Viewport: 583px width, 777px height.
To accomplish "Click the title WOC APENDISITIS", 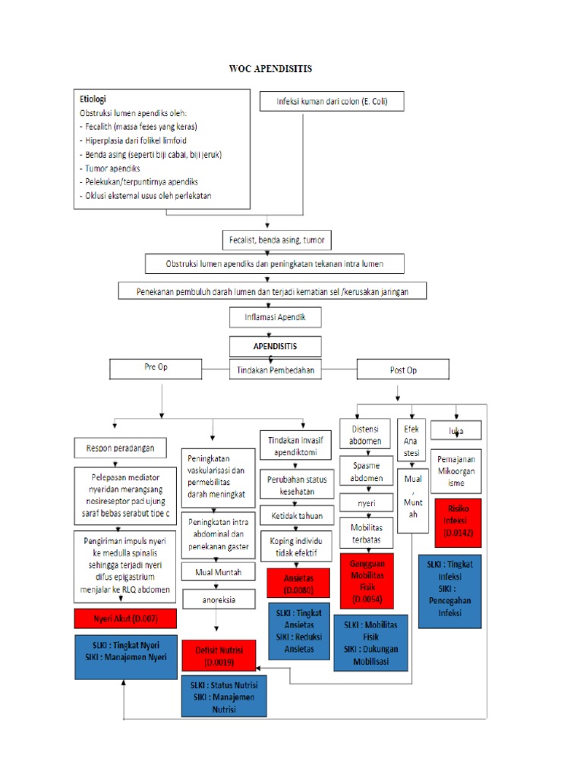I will (x=270, y=69).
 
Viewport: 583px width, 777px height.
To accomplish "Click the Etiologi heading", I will (x=93, y=99).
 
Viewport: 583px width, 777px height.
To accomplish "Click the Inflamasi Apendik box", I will (x=275, y=317).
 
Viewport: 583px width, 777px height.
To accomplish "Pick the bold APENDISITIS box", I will (x=275, y=345).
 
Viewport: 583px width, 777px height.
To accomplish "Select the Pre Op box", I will (x=156, y=368).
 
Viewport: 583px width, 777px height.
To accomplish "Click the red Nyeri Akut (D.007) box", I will (x=125, y=618).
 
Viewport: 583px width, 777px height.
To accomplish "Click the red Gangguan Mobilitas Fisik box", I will (x=367, y=581).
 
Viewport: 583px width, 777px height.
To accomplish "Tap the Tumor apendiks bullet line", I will (x=110, y=168).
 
